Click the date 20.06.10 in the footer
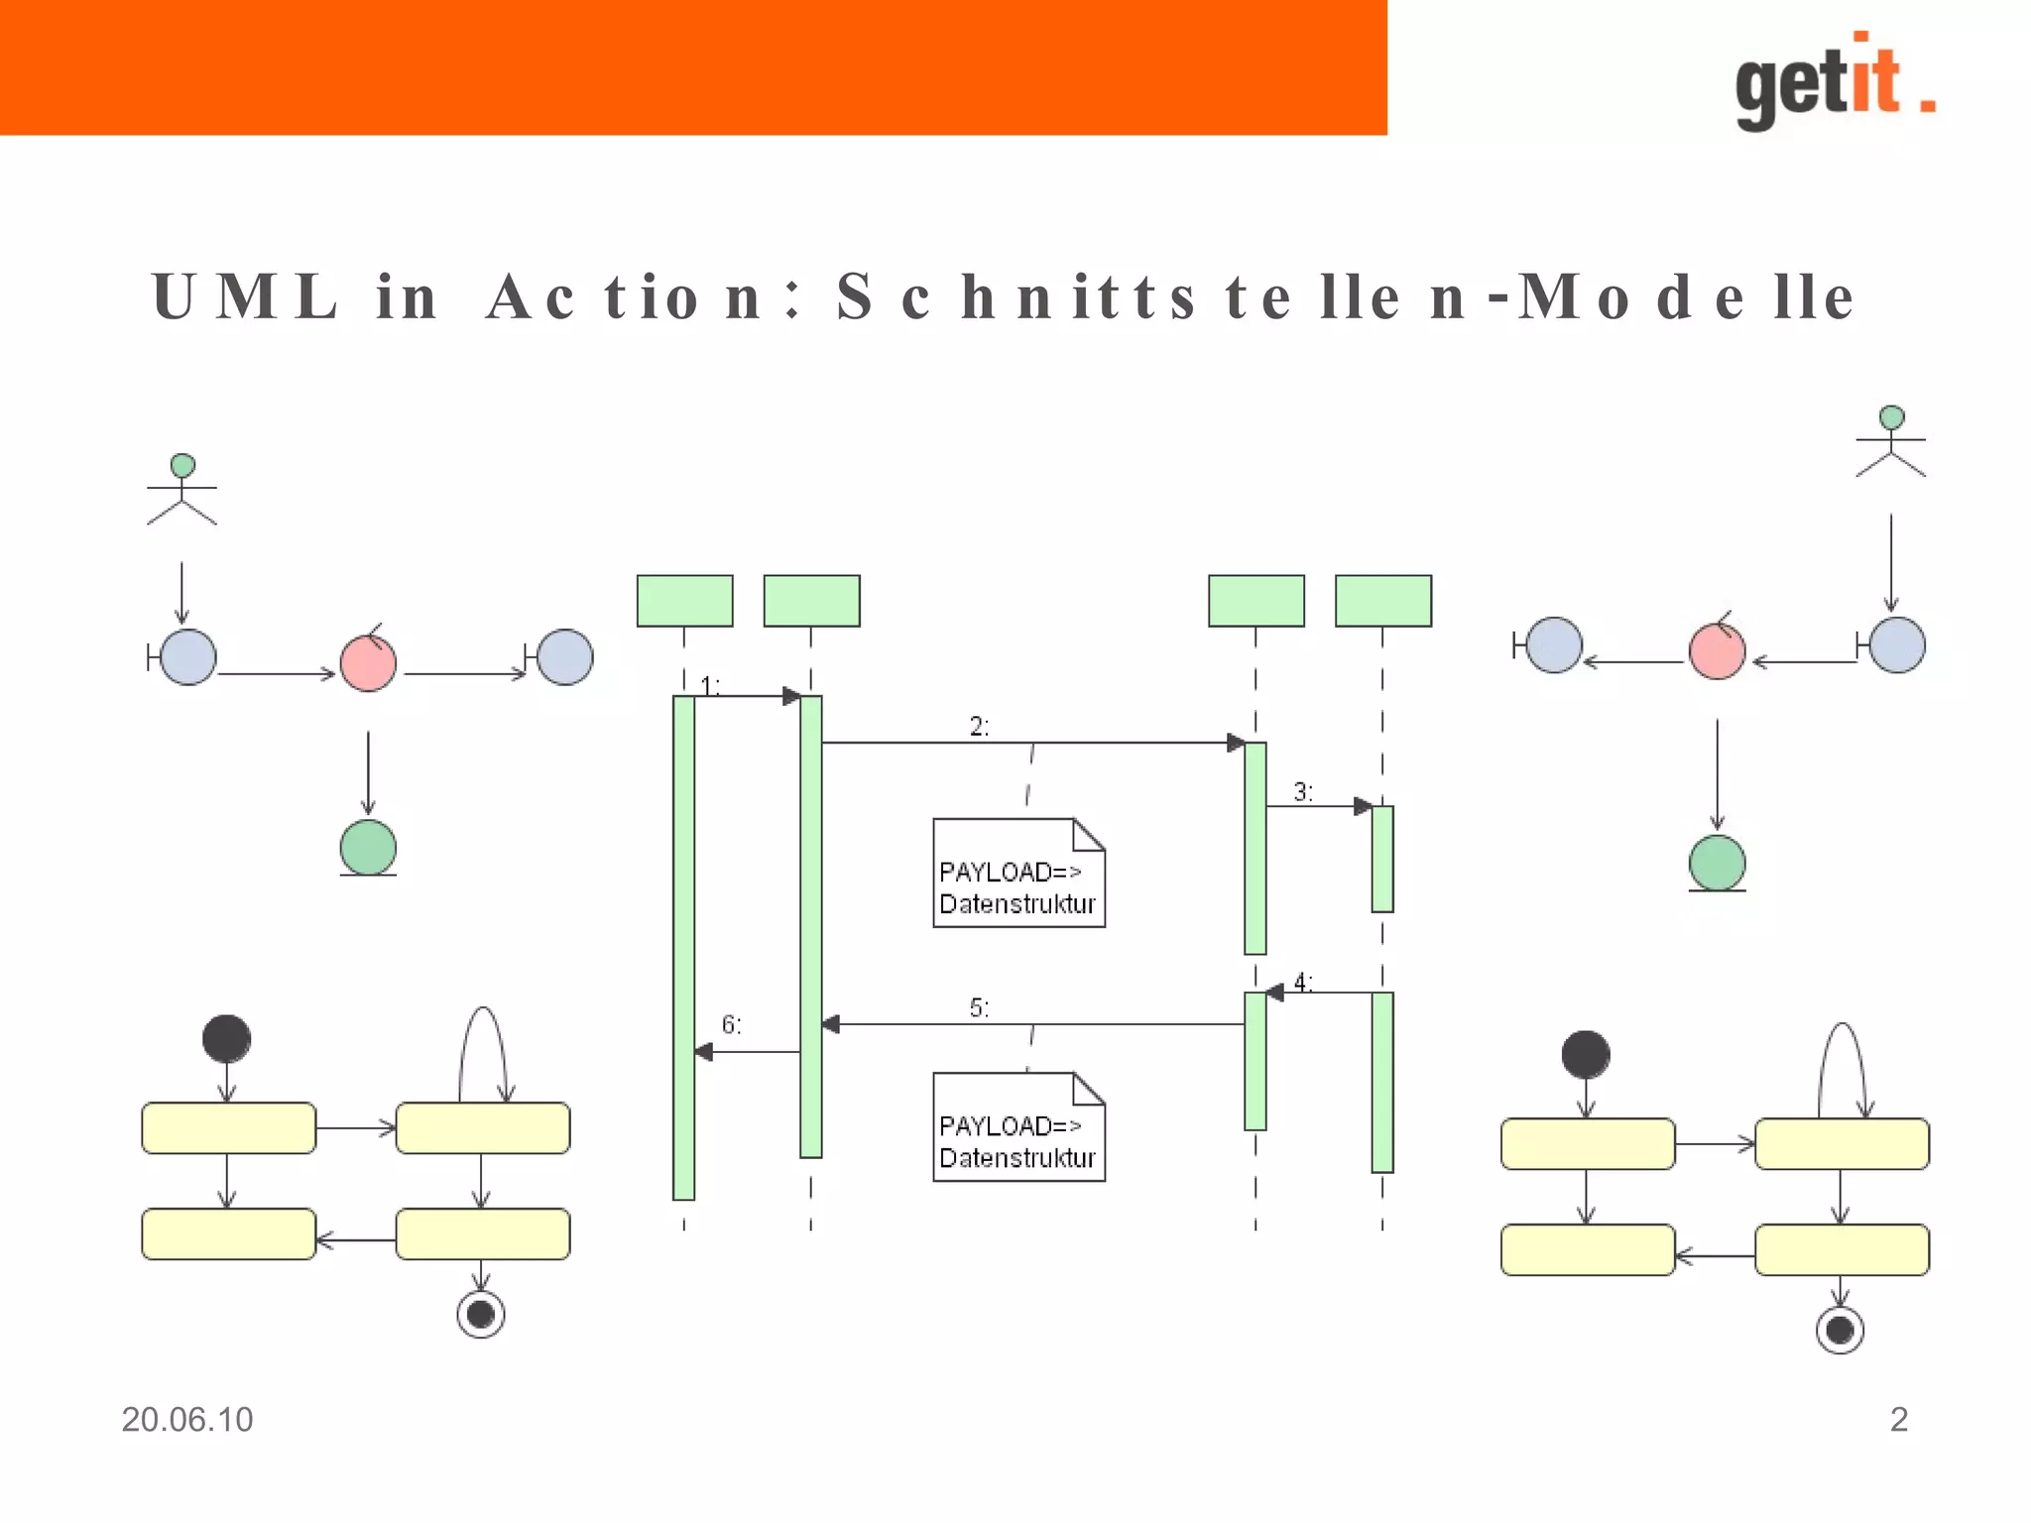[x=186, y=1420]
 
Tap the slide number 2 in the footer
[x=1898, y=1420]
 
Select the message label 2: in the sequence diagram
[x=979, y=727]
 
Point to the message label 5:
[x=979, y=1008]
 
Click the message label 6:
[x=731, y=1024]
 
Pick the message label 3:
[x=1302, y=792]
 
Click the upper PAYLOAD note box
[x=1018, y=874]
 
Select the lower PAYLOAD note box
[x=1018, y=1127]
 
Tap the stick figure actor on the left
[x=181, y=490]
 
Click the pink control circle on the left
[x=368, y=662]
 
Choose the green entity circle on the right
[x=1717, y=863]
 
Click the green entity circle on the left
[x=368, y=848]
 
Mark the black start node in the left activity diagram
[x=226, y=1039]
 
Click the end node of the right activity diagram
[x=1840, y=1330]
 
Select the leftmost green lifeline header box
[x=684, y=601]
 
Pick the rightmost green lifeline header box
[x=1382, y=601]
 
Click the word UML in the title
[x=245, y=296]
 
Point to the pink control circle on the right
[x=1717, y=651]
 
